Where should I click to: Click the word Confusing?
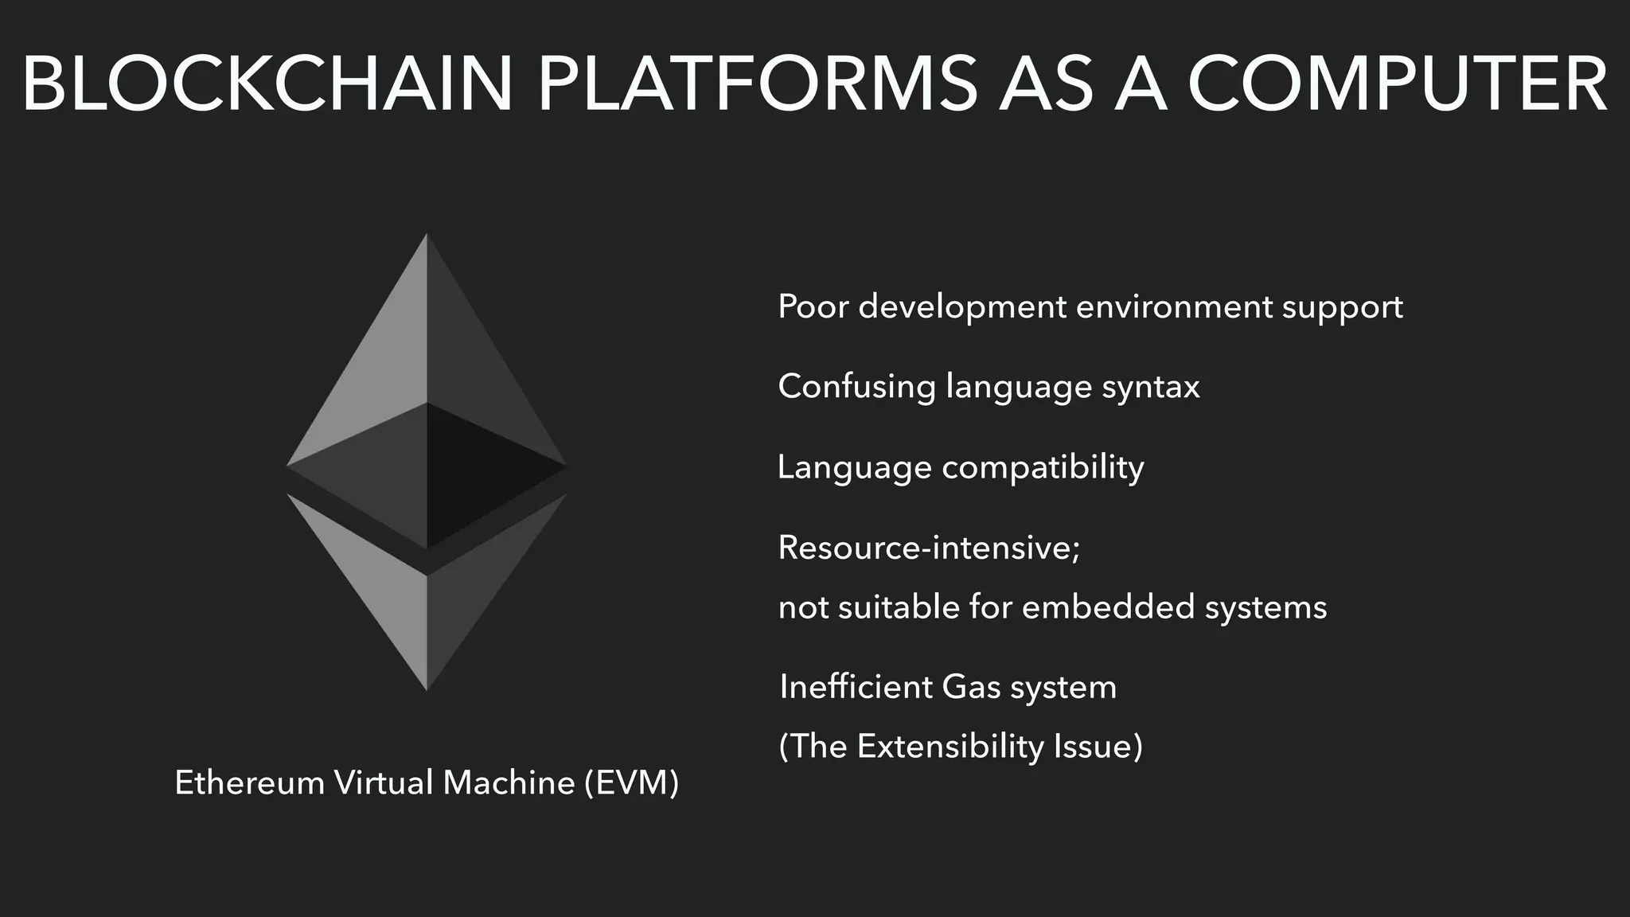pyautogui.click(x=856, y=386)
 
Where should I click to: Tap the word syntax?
pyautogui.click(x=1151, y=388)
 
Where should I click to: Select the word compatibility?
pyautogui.click(x=1043, y=467)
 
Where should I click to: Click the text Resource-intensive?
pyautogui.click(x=929, y=548)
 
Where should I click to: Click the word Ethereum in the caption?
pyautogui.click(x=249, y=783)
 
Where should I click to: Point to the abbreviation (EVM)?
pyautogui.click(x=631, y=783)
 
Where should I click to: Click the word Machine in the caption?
pyautogui.click(x=509, y=783)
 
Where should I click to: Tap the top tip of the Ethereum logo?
pyautogui.click(x=427, y=236)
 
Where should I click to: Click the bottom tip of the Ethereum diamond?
pyautogui.click(x=427, y=688)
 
